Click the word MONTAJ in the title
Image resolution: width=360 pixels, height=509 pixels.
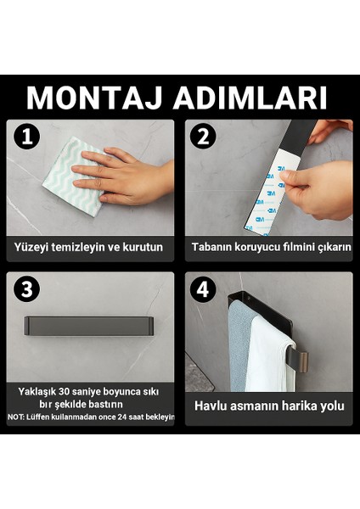pos(94,98)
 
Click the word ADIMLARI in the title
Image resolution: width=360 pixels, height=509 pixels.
pos(250,98)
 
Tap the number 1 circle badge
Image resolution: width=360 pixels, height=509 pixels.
pos(27,136)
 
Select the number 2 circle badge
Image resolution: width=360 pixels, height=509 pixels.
pos(203,137)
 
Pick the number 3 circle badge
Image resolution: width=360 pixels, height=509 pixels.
pos(27,288)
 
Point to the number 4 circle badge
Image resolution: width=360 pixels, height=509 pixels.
pos(203,289)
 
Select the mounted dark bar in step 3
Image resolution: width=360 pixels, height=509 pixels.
pos(88,326)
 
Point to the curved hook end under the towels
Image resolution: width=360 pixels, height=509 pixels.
pos(301,361)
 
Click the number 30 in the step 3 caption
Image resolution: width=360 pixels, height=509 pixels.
pos(64,391)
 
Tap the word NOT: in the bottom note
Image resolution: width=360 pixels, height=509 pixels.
pos(16,417)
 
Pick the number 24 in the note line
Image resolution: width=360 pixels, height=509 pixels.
pos(122,417)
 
